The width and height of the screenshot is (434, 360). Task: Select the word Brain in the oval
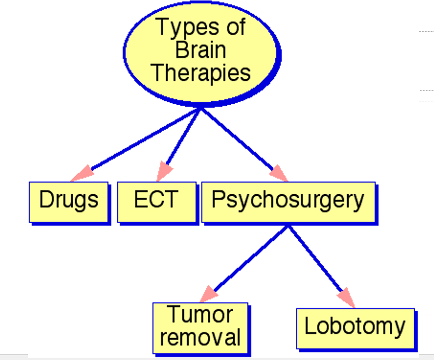click(201, 50)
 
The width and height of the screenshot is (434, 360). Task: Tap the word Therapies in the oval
click(201, 73)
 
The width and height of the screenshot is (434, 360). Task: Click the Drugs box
click(69, 201)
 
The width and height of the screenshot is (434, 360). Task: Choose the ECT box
click(157, 201)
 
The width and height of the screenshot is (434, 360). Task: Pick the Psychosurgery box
click(288, 201)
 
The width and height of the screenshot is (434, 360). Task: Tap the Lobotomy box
click(355, 327)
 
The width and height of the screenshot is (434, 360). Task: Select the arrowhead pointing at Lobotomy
click(346, 297)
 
